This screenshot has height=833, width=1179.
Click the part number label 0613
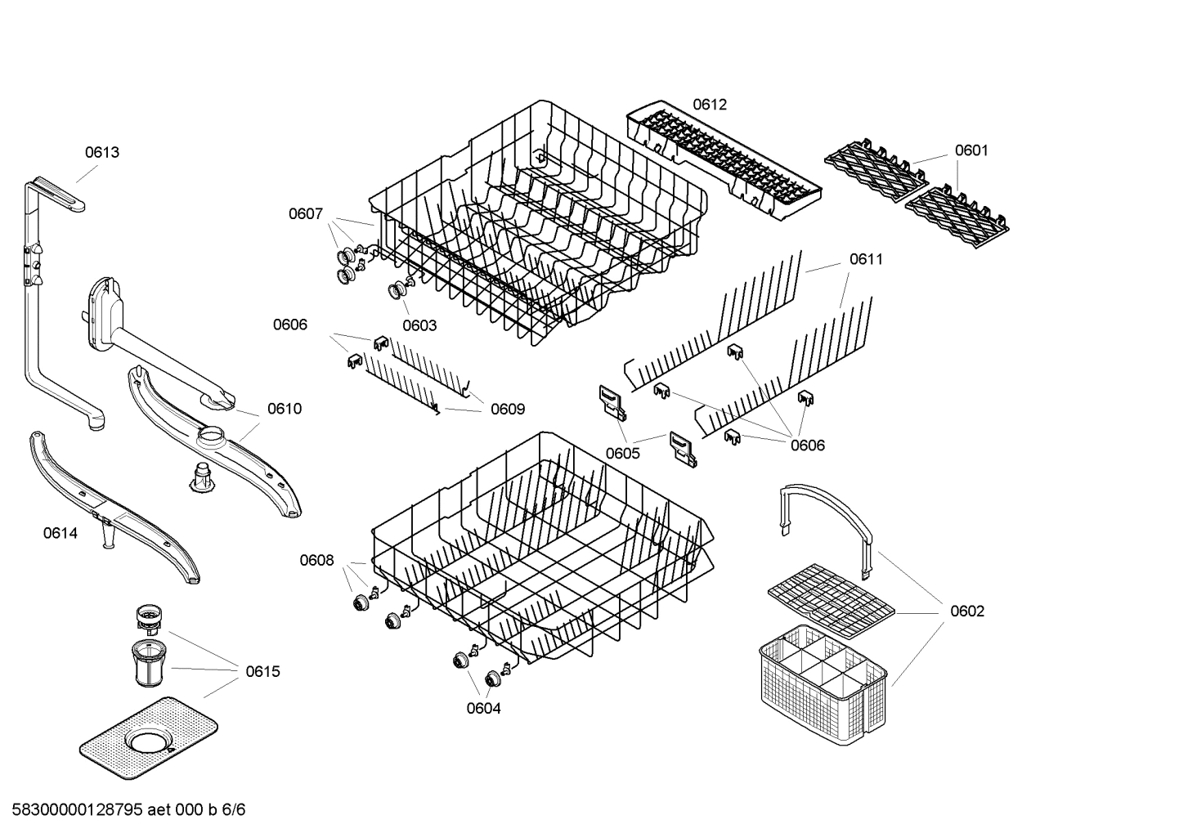(102, 152)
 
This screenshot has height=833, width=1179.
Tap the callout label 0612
(709, 105)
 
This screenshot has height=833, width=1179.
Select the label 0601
(971, 150)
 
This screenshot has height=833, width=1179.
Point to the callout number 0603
(419, 325)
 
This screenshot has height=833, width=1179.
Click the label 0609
(508, 409)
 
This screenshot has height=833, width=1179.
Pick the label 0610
(285, 409)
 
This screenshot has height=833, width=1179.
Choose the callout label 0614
(61, 534)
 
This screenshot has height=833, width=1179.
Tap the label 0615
(262, 671)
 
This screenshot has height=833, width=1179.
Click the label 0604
(483, 708)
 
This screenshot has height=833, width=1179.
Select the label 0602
(967, 611)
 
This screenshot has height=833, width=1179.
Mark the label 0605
(623, 453)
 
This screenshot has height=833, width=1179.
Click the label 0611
(866, 259)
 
